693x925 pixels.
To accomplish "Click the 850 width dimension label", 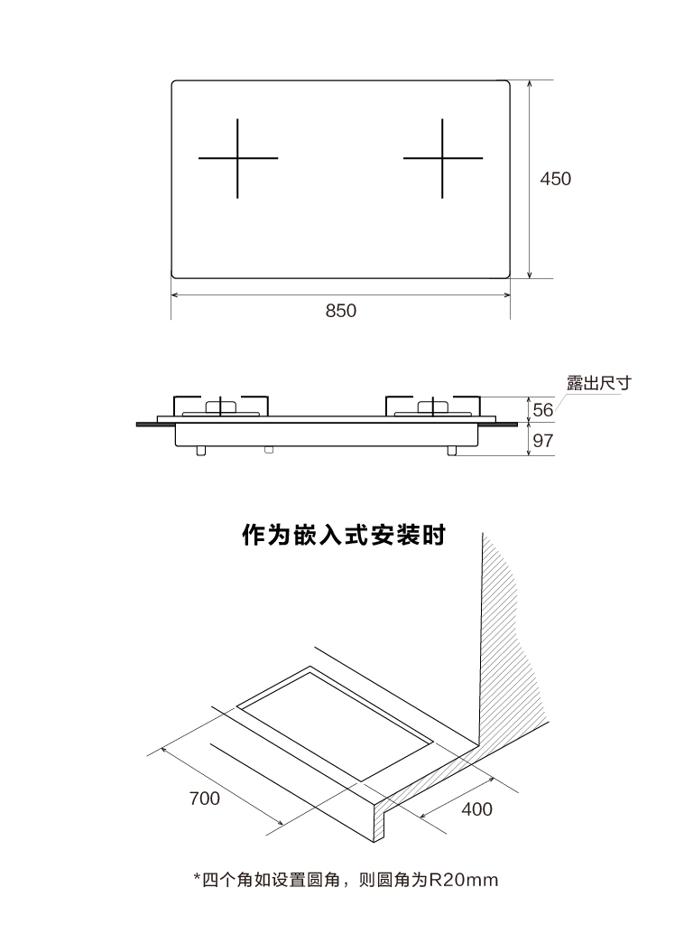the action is tap(340, 311).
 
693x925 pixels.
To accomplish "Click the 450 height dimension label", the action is tap(555, 179).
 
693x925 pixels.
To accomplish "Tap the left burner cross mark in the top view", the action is tap(237, 158).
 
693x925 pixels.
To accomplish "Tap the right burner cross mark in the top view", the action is tap(442, 158).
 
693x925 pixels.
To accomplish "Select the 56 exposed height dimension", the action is tap(542, 410).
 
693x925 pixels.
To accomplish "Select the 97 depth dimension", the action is tap(542, 441).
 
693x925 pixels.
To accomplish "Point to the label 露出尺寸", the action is tap(598, 383).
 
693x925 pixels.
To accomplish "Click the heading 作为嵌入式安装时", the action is tap(344, 535).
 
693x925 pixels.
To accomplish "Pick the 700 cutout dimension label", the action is tap(205, 799).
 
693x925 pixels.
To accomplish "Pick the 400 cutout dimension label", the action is tap(476, 808).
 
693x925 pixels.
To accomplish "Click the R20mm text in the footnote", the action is tap(463, 880).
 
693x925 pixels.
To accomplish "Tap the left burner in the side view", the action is tap(221, 406).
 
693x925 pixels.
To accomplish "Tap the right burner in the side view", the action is tap(433, 406).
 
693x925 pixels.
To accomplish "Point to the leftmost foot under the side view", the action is tap(201, 451).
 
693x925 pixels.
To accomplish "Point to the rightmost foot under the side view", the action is tap(452, 451).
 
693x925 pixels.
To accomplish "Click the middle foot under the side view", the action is tap(269, 450).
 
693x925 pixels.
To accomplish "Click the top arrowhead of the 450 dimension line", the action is tap(530, 84).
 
